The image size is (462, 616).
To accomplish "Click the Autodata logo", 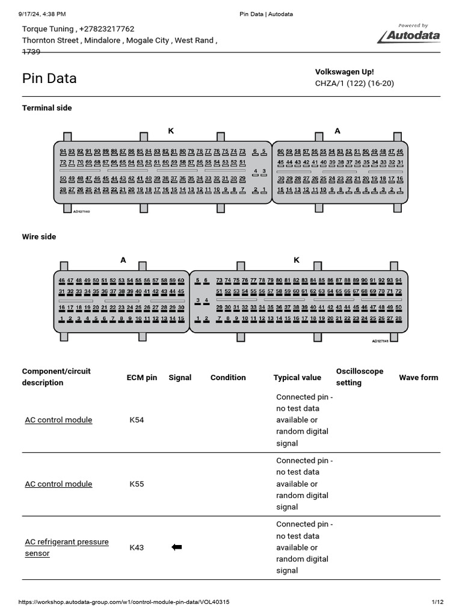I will (409, 35).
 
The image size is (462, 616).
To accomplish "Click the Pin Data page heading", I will (49, 79).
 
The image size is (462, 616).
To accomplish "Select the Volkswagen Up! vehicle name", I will (345, 72).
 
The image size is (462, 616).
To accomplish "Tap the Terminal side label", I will (47, 108).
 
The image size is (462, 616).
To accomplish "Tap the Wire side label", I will (39, 236).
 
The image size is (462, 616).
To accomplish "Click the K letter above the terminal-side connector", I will (171, 131).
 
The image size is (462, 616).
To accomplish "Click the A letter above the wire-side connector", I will (123, 260).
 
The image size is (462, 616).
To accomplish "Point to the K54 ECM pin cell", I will (137, 420).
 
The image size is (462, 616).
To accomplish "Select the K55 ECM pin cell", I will (137, 484).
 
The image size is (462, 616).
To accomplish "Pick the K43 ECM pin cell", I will (137, 547).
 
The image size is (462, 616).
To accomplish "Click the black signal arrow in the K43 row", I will (177, 547).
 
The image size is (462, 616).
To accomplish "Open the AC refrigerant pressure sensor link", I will (67, 547).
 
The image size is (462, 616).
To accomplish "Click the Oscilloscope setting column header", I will (360, 377).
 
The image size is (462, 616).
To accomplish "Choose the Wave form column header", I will (419, 377).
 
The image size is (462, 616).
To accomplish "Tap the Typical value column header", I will (297, 377).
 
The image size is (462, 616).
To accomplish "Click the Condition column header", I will (228, 377).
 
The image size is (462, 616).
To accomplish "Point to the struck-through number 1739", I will (31, 52).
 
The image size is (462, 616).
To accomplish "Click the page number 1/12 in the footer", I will (437, 602).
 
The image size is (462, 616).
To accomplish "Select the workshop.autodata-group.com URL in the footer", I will (124, 602).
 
